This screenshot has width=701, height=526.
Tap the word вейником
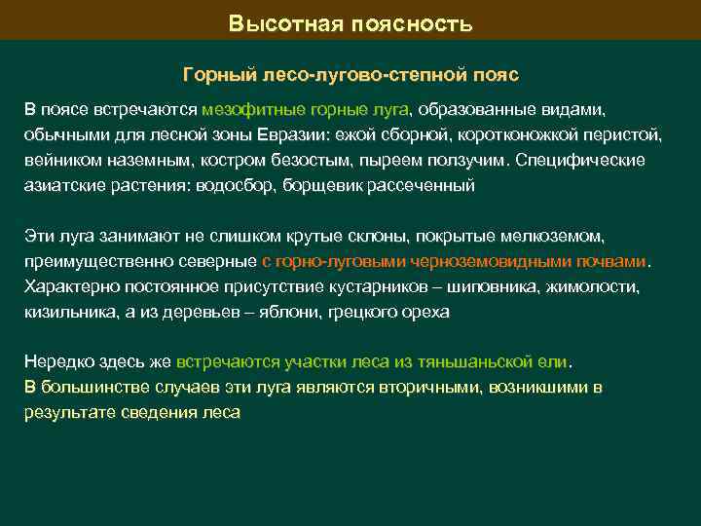pyautogui.click(x=62, y=159)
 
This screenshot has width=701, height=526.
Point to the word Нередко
pyautogui.click(x=58, y=361)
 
